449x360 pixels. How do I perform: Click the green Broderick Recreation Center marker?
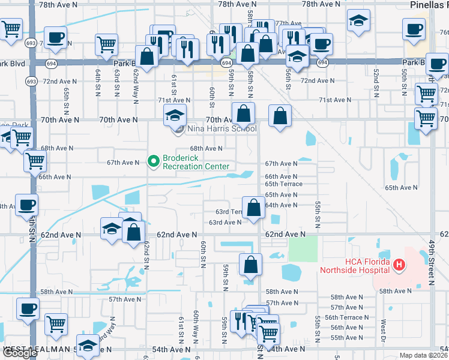click(x=153, y=161)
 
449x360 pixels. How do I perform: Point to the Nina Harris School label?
click(x=221, y=128)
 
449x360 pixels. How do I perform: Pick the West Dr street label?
click(x=382, y=330)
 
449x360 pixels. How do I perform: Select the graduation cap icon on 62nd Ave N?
click(x=112, y=230)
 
